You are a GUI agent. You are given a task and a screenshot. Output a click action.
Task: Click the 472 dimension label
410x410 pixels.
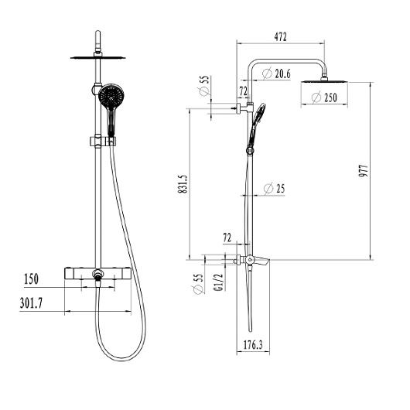tap(280, 37)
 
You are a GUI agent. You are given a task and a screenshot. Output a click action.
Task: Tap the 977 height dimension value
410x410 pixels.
tap(363, 171)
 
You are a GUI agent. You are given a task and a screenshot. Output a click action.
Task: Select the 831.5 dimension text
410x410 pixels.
tap(183, 184)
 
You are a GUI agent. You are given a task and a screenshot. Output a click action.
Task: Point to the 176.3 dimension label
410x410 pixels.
tap(253, 345)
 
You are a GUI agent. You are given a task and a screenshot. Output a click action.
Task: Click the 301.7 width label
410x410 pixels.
tap(31, 303)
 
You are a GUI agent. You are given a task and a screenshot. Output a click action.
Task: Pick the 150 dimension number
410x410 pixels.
tap(31, 279)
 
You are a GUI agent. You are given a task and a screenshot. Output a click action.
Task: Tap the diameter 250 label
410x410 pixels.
tap(324, 97)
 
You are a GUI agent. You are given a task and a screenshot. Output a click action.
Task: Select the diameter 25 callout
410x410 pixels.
tap(274, 188)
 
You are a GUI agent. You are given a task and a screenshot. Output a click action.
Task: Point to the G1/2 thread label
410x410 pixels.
tap(219, 282)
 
